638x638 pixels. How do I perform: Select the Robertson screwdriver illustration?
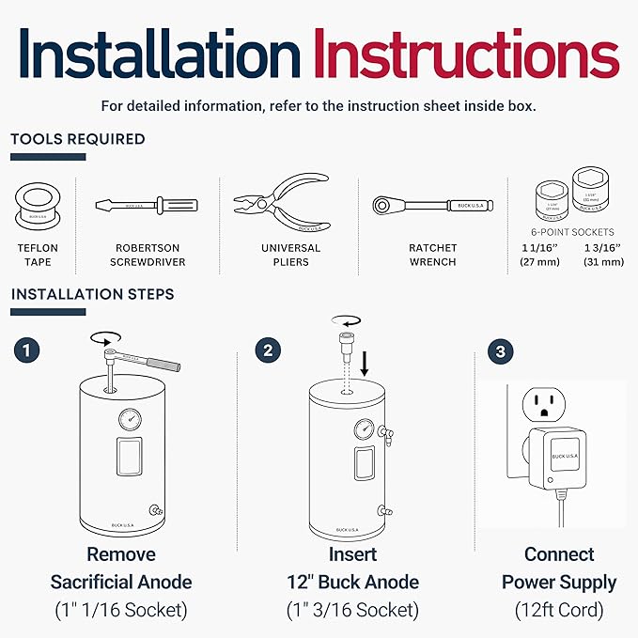(x=145, y=205)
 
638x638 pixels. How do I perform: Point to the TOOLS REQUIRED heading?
(x=78, y=139)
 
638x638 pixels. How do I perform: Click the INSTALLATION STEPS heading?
(x=92, y=294)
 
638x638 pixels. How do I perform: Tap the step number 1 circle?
(x=28, y=350)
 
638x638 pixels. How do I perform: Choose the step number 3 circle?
(x=501, y=351)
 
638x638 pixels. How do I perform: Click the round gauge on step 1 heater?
(x=129, y=419)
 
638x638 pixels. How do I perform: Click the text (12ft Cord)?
(x=559, y=610)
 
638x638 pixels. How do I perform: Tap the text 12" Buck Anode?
(x=352, y=582)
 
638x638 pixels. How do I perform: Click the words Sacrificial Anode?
(x=120, y=582)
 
